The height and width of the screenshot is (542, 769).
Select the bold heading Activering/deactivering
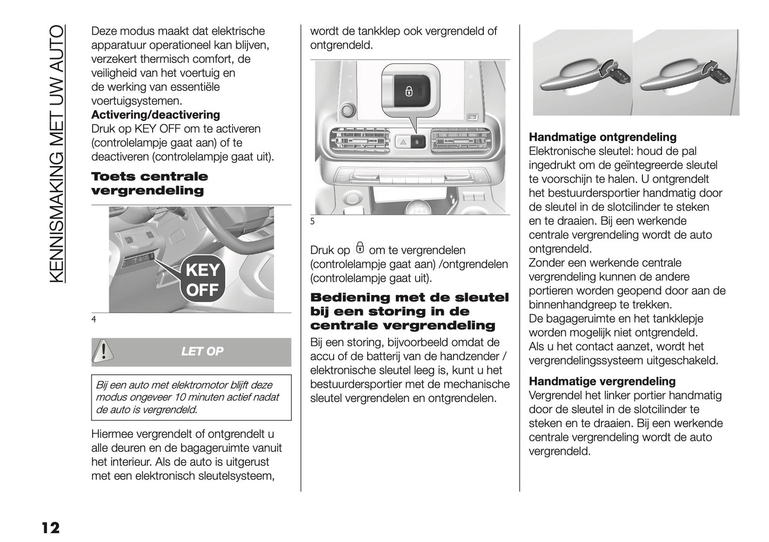[155, 115]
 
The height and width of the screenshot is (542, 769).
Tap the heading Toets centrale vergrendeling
[150, 184]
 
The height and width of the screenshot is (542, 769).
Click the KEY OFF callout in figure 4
[203, 280]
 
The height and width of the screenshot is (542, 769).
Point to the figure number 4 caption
[94, 319]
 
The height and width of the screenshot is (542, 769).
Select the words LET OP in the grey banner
[202, 351]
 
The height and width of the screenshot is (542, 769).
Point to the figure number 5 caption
[312, 221]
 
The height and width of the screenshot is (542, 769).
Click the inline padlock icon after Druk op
[360, 249]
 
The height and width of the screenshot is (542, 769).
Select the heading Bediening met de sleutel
[409, 298]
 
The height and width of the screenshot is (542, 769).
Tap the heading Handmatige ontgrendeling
[602, 137]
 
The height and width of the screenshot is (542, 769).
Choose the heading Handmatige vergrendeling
[602, 381]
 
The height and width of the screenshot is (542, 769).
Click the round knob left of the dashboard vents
[348, 110]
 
